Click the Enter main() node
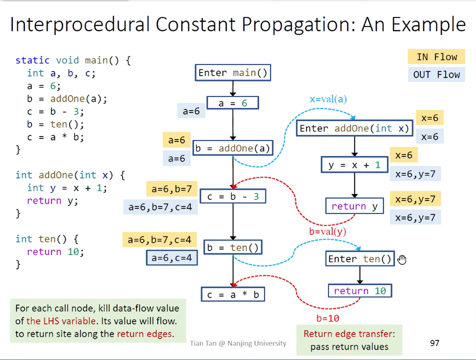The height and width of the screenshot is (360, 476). coord(233,73)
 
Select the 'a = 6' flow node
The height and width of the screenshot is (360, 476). coord(233,103)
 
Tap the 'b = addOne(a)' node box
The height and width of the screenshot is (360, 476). coord(233,148)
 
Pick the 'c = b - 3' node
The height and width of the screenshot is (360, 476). coord(233,196)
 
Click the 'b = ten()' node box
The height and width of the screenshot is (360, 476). coord(233,248)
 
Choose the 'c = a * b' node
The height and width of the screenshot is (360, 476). coord(233,295)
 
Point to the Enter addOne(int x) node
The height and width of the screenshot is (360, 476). coord(354,128)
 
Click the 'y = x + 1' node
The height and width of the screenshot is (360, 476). coord(354,165)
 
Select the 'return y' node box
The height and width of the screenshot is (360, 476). coord(354,206)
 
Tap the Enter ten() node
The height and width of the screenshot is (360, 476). coord(360,259)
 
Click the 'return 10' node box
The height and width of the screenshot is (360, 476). coord(360,291)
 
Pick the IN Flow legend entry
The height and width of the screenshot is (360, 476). coord(436,57)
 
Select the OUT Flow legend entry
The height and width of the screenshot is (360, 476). coord(436,75)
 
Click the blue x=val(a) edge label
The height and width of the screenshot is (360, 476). coord(328,99)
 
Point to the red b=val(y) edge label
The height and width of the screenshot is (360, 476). coord(327,231)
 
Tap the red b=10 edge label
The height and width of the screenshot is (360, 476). coord(328,318)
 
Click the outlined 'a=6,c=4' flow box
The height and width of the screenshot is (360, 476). coord(172,258)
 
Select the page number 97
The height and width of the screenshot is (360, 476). coord(434,343)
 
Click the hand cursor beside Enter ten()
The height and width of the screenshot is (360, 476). coord(402,259)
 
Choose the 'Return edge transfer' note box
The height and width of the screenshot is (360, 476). coord(349,340)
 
